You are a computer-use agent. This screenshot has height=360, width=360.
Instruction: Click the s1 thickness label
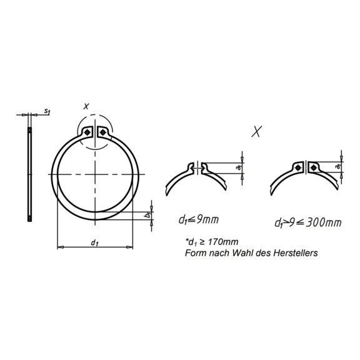(x=47, y=111)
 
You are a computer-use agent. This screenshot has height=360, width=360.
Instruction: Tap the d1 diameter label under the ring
(x=94, y=241)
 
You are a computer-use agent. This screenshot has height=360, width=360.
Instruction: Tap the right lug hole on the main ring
(x=101, y=132)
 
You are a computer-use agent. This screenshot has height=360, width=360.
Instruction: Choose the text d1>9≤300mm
(x=307, y=222)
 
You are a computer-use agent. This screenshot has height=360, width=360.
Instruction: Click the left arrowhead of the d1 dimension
(x=59, y=248)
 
